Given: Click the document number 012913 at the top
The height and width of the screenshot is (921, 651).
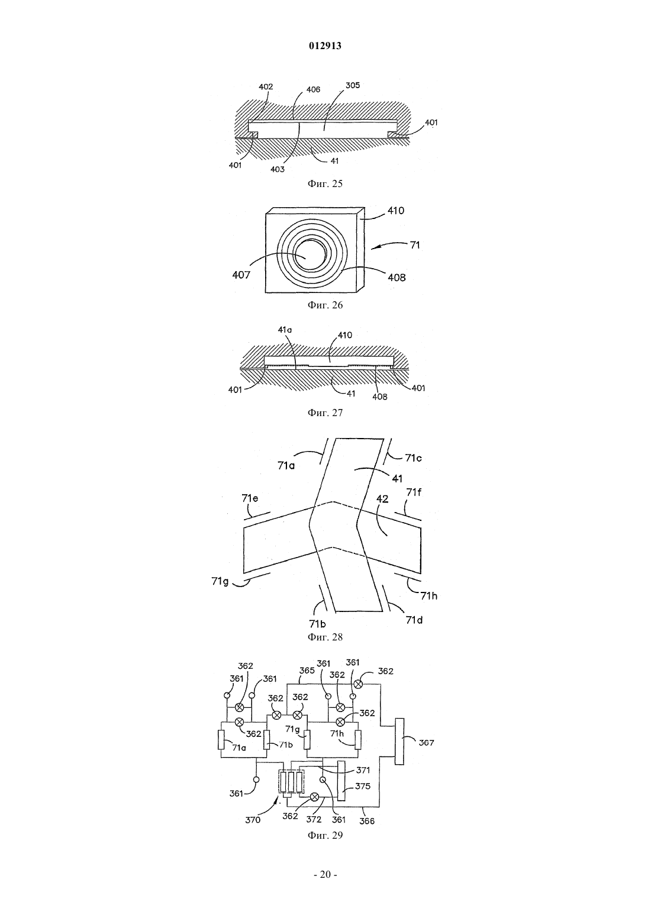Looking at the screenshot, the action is [325, 46].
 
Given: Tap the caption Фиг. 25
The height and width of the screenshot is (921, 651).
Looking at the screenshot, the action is [325, 184].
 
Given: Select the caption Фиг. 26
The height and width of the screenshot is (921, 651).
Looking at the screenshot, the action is [325, 305].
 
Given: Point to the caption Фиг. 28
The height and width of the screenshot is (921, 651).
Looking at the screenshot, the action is [325, 637].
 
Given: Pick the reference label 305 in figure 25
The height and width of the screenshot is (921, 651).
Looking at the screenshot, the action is [352, 85].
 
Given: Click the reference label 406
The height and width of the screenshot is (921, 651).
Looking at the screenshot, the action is [312, 89].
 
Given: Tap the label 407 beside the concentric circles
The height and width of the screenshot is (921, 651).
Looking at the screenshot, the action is [241, 275].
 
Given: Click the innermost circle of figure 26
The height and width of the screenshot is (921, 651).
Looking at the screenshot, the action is [308, 256].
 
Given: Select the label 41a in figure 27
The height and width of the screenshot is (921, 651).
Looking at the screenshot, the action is [285, 330].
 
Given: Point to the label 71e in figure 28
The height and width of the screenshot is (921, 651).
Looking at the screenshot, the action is [250, 498].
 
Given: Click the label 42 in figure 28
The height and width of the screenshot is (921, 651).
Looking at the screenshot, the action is [382, 499].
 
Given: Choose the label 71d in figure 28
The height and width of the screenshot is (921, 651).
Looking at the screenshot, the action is [414, 620].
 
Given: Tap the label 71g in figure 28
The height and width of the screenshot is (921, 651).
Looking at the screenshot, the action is [220, 581].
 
